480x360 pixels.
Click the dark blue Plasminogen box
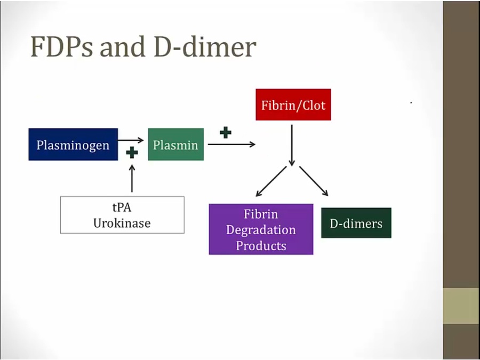73,145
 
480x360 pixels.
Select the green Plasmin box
175,145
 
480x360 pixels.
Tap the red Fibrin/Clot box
293,105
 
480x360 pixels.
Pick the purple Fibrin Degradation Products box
261,229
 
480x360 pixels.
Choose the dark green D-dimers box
356,223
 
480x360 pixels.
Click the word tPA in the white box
122,208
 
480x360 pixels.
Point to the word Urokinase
122,223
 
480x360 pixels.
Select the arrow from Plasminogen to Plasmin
131,140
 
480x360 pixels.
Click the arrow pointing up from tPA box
132,179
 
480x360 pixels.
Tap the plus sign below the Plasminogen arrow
132,153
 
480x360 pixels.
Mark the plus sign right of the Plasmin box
226,132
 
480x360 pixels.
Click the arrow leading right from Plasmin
231,144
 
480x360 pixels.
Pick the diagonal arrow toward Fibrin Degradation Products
271,182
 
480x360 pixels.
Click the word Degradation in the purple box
261,230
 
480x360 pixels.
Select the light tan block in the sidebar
461,306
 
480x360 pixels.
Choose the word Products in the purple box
261,246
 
